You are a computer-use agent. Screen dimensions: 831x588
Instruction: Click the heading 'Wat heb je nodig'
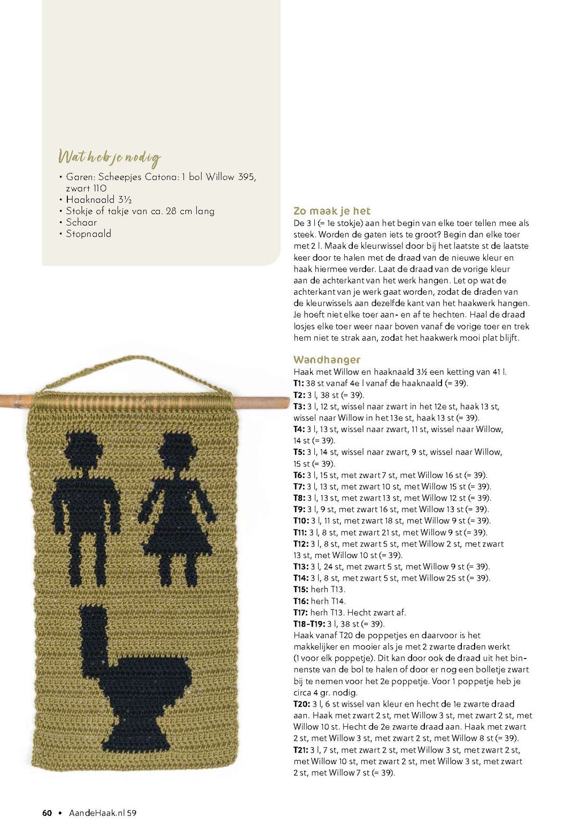[109, 157]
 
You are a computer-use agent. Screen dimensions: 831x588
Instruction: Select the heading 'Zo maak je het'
[331, 211]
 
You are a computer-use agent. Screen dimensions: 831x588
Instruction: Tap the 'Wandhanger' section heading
[327, 359]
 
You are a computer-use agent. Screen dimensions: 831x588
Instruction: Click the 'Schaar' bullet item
[81, 222]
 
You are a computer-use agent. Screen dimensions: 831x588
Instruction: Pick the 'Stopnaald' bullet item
[88, 233]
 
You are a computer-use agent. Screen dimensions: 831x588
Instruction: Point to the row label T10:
[301, 521]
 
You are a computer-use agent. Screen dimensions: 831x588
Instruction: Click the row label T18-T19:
[309, 624]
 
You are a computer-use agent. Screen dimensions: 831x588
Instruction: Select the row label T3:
[299, 406]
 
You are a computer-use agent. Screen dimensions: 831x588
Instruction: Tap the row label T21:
[300, 750]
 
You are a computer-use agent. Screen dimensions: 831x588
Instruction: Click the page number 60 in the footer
[47, 813]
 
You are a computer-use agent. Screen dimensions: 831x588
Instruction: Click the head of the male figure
[83, 448]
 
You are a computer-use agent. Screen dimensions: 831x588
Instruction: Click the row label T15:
[301, 590]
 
